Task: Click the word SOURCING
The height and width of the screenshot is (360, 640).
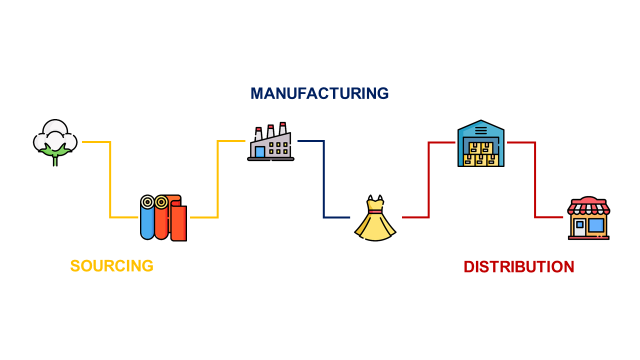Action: pos(111,266)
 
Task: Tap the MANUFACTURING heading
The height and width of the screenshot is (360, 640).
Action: pos(319,93)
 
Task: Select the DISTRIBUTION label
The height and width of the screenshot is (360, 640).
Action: pos(518,267)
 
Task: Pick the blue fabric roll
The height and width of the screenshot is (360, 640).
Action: pos(147,218)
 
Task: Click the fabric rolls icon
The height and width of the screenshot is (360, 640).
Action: pos(164,217)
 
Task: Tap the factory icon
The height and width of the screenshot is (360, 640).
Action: pos(270,142)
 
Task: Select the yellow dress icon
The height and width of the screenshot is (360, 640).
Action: pos(375,219)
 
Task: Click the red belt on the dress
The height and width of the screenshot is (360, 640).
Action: pos(375,213)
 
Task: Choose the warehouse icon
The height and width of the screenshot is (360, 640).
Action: pos(481,143)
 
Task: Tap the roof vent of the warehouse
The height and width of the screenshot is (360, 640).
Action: pos(481,129)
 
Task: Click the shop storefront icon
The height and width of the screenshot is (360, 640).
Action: pos(588,218)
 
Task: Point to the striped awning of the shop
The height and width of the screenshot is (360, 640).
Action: pos(588,207)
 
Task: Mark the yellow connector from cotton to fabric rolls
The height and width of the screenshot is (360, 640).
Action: pos(110,180)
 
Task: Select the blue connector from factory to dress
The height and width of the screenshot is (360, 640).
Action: pos(323,180)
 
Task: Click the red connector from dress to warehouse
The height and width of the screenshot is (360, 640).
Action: pos(428,180)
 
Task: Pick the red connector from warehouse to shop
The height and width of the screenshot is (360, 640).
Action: pos(535,180)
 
